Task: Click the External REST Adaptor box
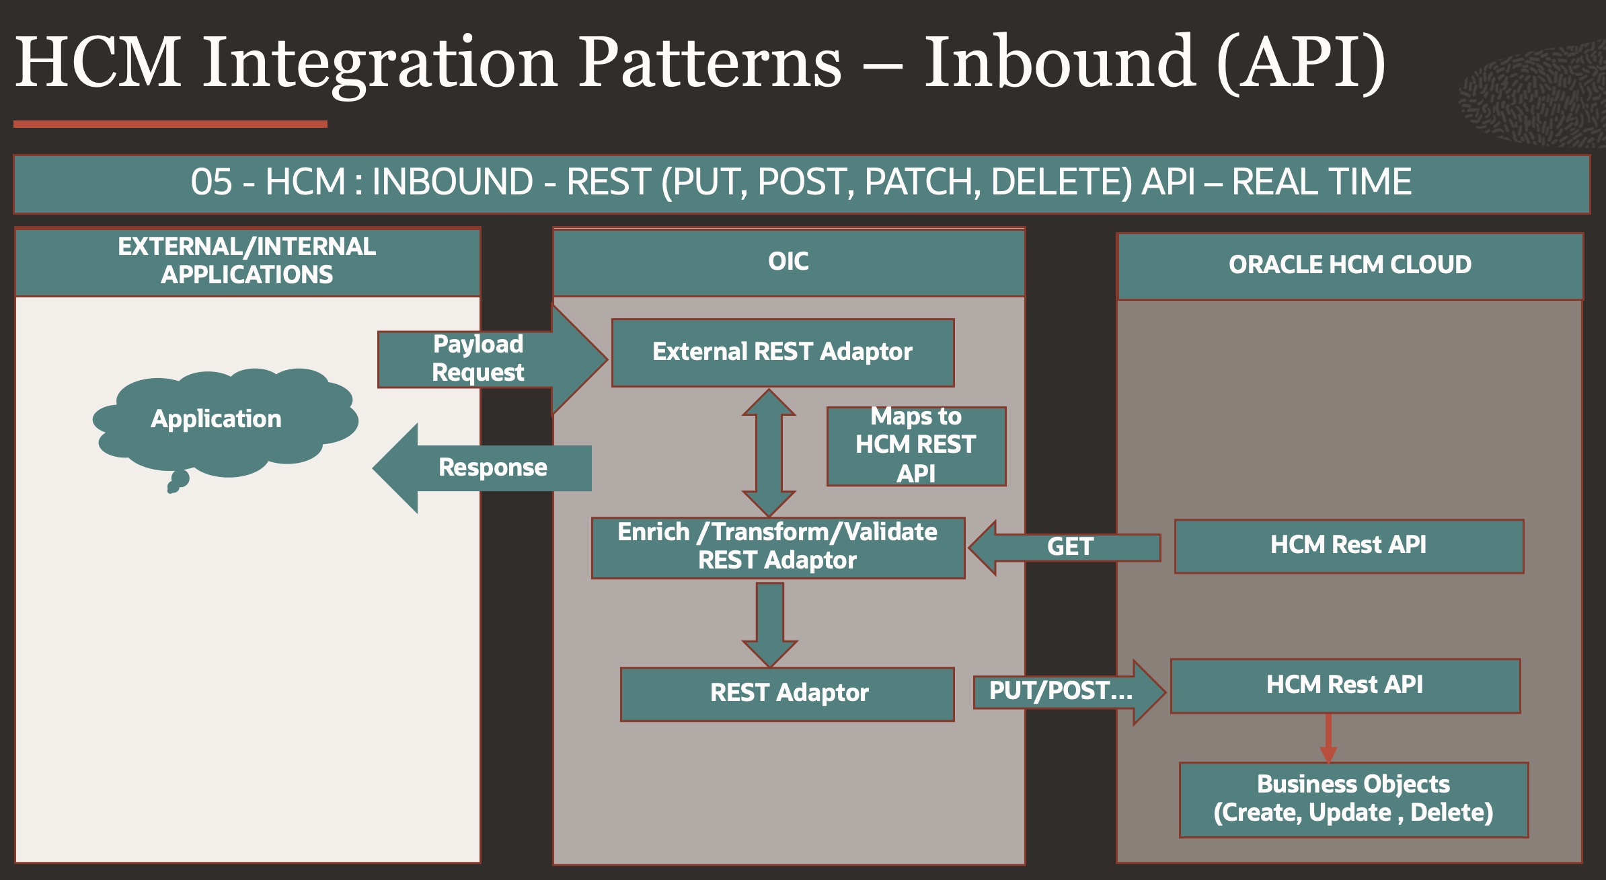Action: [782, 353]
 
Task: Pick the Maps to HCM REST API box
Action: [916, 445]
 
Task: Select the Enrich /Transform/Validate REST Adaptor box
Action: [777, 547]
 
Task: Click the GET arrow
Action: [1069, 547]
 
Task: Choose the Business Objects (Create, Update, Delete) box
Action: [1353, 799]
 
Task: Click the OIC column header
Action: [788, 262]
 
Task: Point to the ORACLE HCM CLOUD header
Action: [1350, 265]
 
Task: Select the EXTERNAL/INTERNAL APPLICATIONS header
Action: [247, 261]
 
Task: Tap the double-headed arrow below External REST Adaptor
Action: [769, 453]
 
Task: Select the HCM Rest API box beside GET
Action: [1348, 546]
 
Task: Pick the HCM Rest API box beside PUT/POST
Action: [1345, 686]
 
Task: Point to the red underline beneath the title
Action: [170, 124]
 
